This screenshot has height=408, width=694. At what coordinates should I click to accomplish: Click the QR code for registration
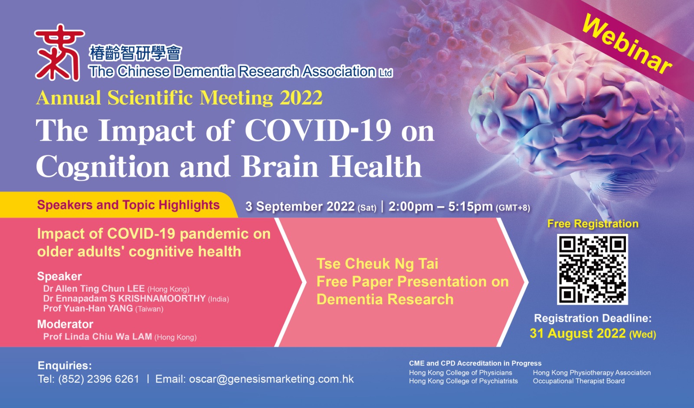tap(593, 269)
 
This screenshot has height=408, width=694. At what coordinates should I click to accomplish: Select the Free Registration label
tap(593, 224)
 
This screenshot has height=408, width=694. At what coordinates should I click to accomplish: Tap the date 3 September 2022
tap(300, 207)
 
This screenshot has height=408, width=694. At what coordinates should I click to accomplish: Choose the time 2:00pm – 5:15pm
tap(441, 207)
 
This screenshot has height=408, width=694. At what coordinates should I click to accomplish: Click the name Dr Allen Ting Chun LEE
tap(94, 289)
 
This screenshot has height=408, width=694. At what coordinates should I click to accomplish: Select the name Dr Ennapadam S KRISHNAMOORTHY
tap(124, 299)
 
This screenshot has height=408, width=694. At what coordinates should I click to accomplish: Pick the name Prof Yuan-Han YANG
tap(88, 309)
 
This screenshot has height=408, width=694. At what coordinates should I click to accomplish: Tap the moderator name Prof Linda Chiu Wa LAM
tap(98, 337)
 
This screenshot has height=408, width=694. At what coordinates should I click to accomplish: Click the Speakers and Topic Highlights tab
tap(128, 205)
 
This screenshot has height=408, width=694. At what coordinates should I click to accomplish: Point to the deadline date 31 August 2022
tap(577, 334)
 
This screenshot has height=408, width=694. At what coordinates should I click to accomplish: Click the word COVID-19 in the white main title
tap(318, 130)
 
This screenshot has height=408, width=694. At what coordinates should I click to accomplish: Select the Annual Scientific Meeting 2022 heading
tap(180, 98)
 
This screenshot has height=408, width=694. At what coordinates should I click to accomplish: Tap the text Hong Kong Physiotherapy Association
tap(592, 373)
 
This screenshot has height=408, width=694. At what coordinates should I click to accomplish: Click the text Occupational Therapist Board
tap(579, 381)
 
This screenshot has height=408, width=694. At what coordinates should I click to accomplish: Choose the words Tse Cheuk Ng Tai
tap(377, 264)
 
